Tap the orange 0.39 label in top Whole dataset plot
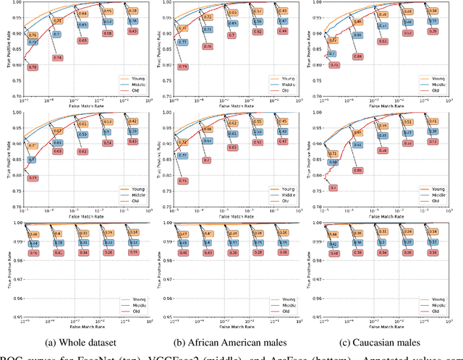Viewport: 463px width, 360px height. pos(132,12)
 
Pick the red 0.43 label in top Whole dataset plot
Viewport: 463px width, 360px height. pos(132,31)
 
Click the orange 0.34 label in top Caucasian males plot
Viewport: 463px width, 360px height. pos(433,12)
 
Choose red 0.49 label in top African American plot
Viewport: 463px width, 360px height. pos(282,31)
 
